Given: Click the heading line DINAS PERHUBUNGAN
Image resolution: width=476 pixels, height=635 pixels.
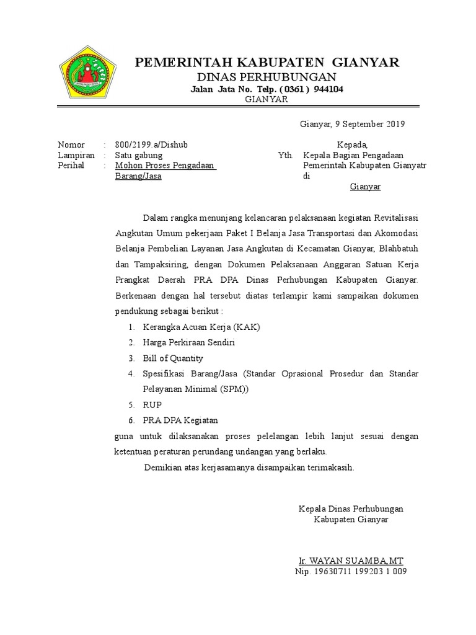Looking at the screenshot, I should (267, 77).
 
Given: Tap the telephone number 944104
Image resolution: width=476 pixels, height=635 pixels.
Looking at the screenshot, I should (328, 89).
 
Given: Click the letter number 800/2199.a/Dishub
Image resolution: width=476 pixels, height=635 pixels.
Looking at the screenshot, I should (151, 144).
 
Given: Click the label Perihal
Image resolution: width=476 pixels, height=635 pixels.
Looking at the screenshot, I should (71, 166).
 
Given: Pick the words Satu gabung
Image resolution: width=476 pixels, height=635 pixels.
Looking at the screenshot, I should (139, 155).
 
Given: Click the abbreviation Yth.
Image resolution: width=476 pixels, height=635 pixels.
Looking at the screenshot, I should (285, 155).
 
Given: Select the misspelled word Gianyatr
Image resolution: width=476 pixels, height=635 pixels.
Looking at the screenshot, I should (410, 166).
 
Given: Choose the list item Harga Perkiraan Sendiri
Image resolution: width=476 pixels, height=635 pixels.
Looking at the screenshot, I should (188, 342).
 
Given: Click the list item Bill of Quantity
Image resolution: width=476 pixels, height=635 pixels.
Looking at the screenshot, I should (173, 358).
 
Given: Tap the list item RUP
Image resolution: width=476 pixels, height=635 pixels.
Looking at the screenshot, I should (152, 405).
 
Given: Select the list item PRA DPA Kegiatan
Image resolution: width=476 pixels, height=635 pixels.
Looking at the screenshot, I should (180, 420).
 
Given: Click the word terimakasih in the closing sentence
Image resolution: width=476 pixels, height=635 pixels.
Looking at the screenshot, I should (328, 468).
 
